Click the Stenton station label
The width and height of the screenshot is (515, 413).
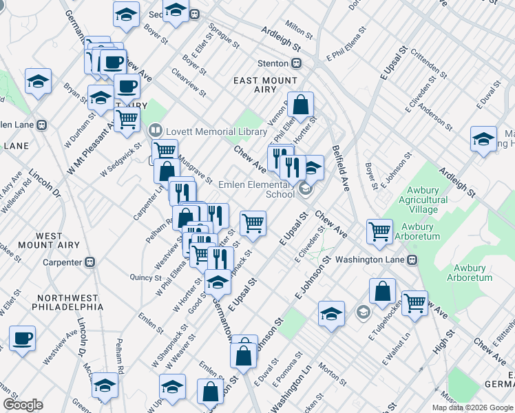point(273,63)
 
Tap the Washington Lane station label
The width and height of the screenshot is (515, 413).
point(372,260)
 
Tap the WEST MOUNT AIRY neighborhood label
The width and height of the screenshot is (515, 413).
point(48,240)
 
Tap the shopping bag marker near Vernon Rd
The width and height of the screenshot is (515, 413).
point(300,106)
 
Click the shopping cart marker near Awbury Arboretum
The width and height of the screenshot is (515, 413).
point(379,232)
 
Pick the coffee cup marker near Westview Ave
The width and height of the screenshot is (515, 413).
point(23,339)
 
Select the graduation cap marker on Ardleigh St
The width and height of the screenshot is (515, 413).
point(483,139)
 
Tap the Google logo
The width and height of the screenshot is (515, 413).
point(23,405)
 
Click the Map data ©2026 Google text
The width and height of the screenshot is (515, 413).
point(472,407)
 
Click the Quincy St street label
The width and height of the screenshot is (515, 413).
point(146,277)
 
